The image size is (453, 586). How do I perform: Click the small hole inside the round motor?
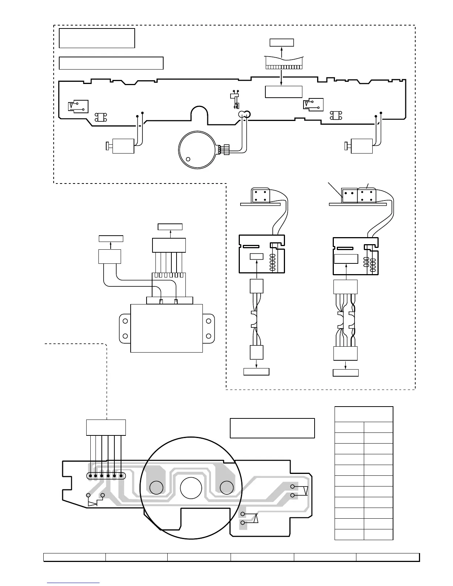click(188, 159)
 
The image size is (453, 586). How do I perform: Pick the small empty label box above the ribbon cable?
click(282, 42)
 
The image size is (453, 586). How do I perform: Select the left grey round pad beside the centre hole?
click(157, 488)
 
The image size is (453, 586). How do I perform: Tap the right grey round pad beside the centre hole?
click(226, 488)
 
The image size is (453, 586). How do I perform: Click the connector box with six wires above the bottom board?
click(106, 428)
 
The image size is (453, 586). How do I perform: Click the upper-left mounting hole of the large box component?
click(125, 321)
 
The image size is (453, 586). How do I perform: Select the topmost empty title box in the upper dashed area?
click(97, 38)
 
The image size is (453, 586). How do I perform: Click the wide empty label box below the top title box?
click(111, 63)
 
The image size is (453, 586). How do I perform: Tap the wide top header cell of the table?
click(363, 414)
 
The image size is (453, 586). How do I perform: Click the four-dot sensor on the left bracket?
click(261, 196)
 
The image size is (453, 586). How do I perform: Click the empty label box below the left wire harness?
click(256, 372)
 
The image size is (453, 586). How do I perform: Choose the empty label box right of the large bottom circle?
click(272, 428)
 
